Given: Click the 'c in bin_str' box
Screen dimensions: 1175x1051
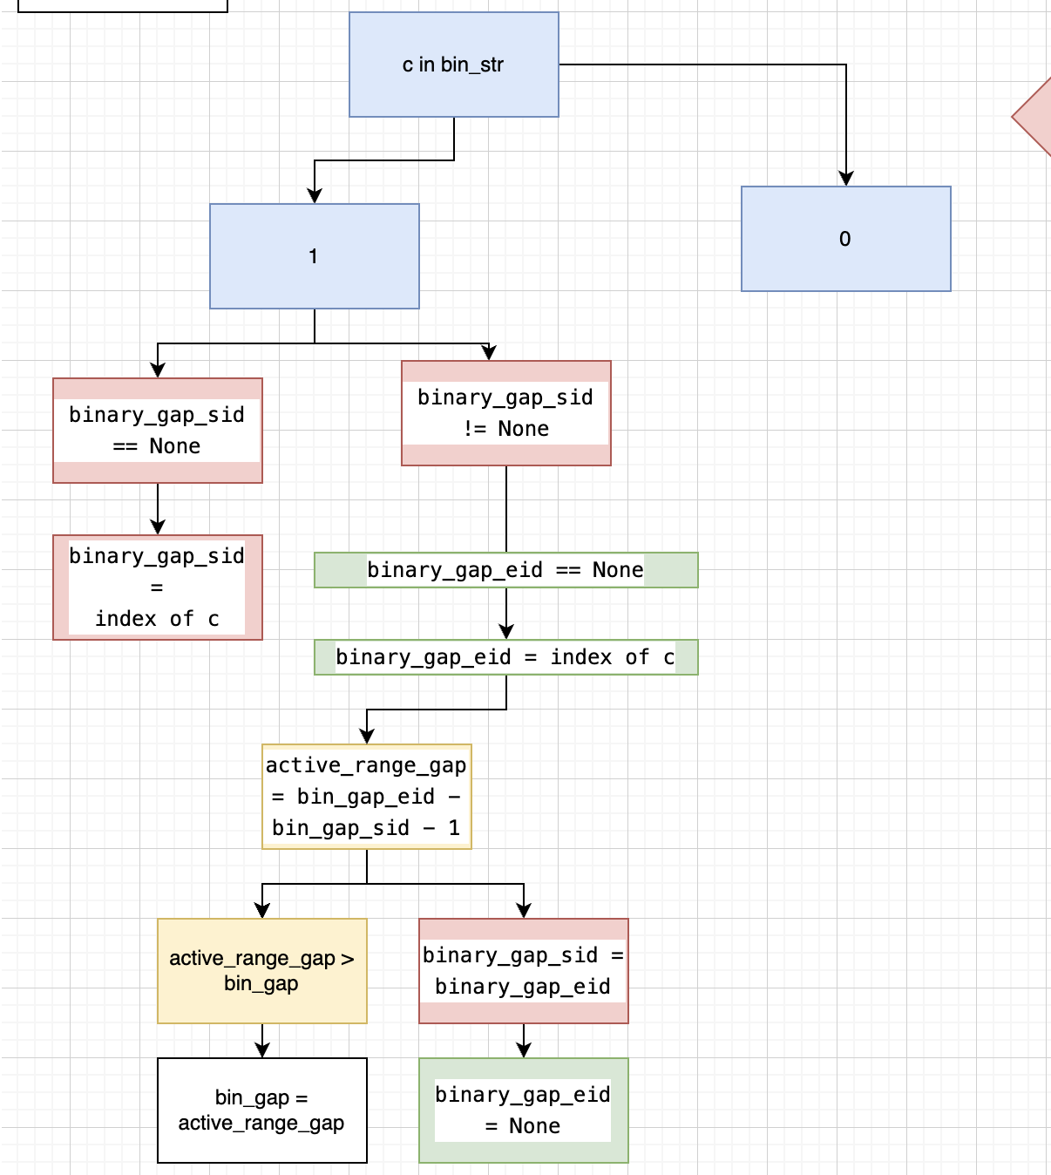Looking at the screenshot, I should coord(453,65).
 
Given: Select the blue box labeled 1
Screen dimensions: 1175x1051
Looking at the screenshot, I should coord(314,256).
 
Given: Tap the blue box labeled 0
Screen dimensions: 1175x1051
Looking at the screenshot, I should coord(845,239).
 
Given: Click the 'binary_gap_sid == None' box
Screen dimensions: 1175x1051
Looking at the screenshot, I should coord(157,431).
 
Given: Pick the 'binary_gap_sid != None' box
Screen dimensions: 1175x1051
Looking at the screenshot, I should coord(505,413).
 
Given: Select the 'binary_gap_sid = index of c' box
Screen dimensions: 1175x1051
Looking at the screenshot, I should coord(157,587).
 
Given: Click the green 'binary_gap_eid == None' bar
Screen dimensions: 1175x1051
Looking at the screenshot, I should coord(505,570).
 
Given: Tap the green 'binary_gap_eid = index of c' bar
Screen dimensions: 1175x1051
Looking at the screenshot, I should coord(505,657).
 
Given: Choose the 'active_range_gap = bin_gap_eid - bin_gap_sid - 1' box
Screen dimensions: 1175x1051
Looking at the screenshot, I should coord(366,797).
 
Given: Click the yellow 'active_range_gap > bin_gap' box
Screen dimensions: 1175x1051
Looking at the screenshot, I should coord(261,971).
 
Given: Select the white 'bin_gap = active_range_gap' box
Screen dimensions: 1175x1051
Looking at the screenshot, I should coord(261,1110).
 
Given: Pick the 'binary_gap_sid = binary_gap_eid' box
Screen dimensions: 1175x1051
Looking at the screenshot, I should coord(523,971).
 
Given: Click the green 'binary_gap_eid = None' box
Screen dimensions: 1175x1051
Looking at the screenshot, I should coord(523,1110).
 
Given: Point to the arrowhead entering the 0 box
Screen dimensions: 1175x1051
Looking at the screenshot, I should coord(845,179).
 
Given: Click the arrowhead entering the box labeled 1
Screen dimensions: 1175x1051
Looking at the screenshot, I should coord(315,196).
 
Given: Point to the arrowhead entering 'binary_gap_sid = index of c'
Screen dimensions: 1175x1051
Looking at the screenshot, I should coord(158,527).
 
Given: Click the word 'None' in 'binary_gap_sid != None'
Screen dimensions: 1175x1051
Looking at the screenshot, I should coord(523,429).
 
